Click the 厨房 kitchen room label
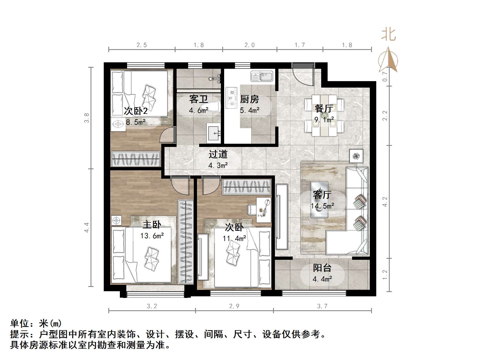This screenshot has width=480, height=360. [249, 99]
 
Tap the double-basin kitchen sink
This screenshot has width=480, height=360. [262, 76]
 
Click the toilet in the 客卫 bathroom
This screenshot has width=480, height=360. [213, 107]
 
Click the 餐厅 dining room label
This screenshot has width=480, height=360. [324, 108]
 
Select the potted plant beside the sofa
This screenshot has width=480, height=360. [356, 156]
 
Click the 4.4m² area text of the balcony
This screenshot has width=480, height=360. [322, 279]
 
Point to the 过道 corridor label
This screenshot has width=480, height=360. [218, 154]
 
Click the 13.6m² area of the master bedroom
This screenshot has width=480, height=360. [152, 236]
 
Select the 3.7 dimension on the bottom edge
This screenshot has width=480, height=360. [322, 306]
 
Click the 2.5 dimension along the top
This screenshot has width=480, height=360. [142, 45]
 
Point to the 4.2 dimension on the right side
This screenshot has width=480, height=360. [385, 201]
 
